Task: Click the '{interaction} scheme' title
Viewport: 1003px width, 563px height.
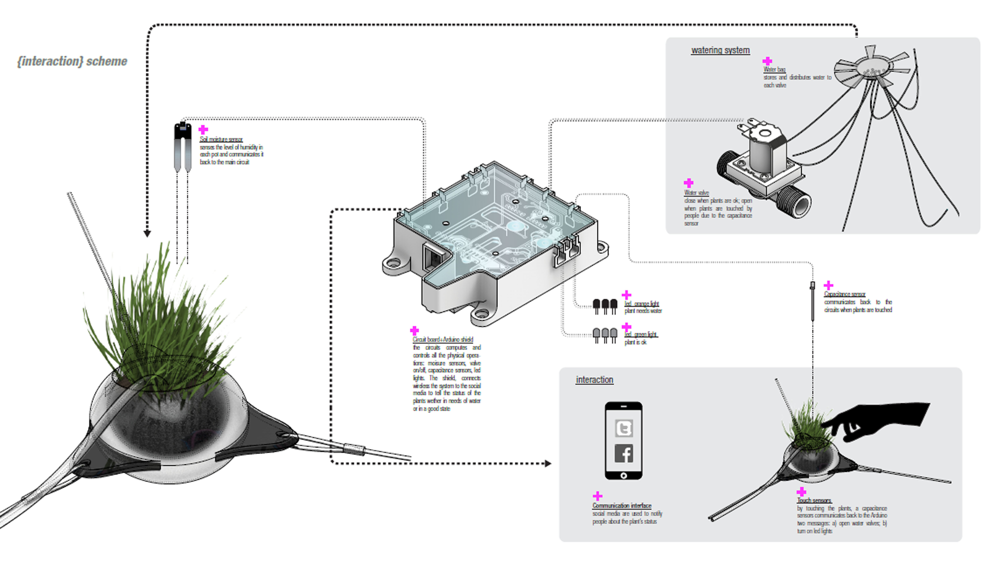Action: pyautogui.click(x=72, y=61)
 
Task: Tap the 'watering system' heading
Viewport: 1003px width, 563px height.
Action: pyautogui.click(x=720, y=50)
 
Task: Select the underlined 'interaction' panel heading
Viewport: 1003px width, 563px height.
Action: pyautogui.click(x=594, y=380)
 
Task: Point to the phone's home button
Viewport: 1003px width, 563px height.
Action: pyautogui.click(x=623, y=476)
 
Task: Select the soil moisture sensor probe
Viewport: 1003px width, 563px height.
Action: pyautogui.click(x=182, y=146)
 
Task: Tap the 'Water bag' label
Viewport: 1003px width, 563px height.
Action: pyautogui.click(x=774, y=69)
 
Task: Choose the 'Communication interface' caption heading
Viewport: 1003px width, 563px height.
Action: pyautogui.click(x=622, y=505)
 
